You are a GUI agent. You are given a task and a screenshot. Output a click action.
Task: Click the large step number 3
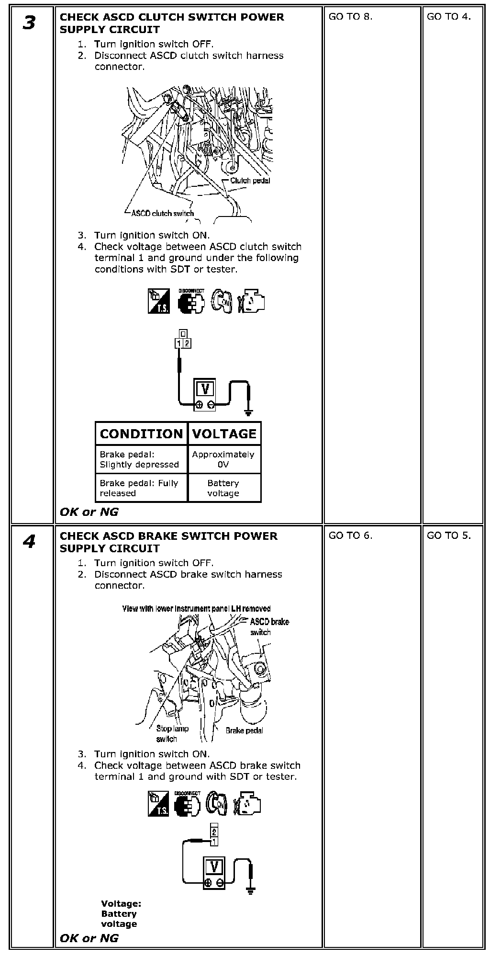(x=29, y=23)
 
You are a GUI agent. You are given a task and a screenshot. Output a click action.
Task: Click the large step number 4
(x=29, y=542)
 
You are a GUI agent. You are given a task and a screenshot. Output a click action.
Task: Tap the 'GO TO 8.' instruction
(x=350, y=17)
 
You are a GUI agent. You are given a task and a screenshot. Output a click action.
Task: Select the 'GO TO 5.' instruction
(x=448, y=535)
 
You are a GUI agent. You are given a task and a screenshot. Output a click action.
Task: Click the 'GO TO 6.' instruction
(x=350, y=535)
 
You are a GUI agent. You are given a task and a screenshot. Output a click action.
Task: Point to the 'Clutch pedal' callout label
(x=250, y=181)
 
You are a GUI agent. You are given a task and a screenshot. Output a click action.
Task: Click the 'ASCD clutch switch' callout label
(x=163, y=213)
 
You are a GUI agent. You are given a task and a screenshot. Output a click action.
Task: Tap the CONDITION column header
(x=141, y=434)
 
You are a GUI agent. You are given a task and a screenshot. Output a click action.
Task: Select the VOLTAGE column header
(x=224, y=434)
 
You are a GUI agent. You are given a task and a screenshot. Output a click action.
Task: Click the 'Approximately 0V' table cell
(x=223, y=459)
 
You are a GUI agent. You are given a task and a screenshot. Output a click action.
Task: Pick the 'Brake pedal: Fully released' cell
(x=139, y=488)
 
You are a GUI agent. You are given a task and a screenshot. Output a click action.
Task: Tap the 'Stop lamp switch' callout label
(x=172, y=733)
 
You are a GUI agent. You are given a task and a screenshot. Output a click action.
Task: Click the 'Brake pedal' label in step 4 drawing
(x=244, y=730)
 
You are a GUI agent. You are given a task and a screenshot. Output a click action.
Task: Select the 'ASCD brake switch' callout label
(x=268, y=627)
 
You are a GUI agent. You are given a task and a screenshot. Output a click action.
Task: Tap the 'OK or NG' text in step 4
(x=89, y=938)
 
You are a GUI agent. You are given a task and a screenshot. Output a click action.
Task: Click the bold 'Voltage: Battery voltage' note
(x=121, y=914)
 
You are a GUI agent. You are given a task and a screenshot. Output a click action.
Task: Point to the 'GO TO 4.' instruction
(x=448, y=17)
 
